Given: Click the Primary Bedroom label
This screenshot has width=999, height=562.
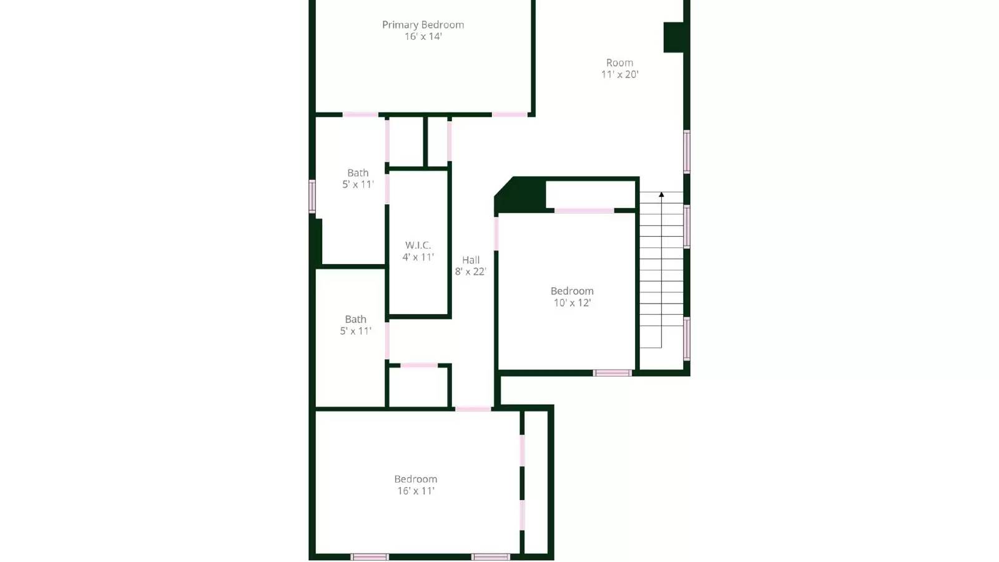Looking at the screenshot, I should (x=423, y=25).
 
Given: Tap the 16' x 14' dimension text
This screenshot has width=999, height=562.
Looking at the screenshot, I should (x=423, y=37).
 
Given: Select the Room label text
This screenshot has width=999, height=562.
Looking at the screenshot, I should (x=619, y=62).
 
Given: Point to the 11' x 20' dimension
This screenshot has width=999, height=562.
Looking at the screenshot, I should (x=619, y=74).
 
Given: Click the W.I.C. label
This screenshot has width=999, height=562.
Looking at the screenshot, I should (x=418, y=245).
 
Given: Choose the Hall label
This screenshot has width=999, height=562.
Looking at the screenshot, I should (x=471, y=260).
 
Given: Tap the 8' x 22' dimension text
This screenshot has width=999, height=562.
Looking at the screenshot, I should (x=470, y=272).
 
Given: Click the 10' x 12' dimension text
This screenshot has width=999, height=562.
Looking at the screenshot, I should (x=572, y=303).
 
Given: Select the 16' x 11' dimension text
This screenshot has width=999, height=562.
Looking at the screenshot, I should (x=416, y=491).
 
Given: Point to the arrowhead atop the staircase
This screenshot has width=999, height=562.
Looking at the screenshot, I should (x=661, y=195).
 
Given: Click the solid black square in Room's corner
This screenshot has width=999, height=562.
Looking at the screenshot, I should (x=674, y=37).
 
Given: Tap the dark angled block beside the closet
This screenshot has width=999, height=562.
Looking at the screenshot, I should (x=520, y=195).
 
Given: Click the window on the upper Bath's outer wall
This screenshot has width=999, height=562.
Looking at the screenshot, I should (x=312, y=196).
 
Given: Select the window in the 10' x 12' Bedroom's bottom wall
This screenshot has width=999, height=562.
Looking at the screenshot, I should (x=612, y=373).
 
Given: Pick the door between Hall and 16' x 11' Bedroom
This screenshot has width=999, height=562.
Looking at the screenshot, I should (x=473, y=409).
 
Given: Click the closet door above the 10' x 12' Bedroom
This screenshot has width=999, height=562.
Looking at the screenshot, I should (x=584, y=211).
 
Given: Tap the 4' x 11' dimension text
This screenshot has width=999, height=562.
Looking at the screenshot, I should (x=418, y=257).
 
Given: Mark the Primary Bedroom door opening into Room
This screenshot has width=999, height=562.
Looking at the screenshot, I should (x=509, y=115).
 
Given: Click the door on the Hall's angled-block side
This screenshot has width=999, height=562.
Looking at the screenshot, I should (x=496, y=233).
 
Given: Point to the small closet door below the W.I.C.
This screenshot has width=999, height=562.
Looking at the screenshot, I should (x=418, y=365).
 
